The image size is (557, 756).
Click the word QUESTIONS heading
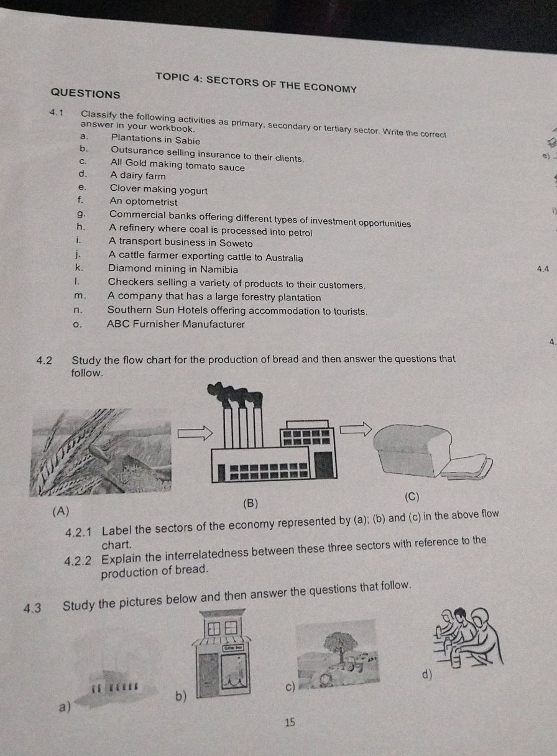pyautogui.click(x=85, y=93)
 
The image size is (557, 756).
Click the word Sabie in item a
pyautogui.click(x=188, y=141)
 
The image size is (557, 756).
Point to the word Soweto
pyautogui.click(x=236, y=243)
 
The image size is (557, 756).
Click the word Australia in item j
pyautogui.click(x=284, y=258)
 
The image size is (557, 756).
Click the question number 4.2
pyautogui.click(x=44, y=361)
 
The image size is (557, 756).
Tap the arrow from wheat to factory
pyautogui.click(x=195, y=433)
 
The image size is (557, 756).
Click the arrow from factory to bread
pyautogui.click(x=356, y=430)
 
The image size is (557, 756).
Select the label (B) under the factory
pyautogui.click(x=251, y=504)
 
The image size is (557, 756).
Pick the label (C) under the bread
pyautogui.click(x=412, y=497)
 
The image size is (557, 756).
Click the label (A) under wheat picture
pyautogui.click(x=61, y=512)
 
